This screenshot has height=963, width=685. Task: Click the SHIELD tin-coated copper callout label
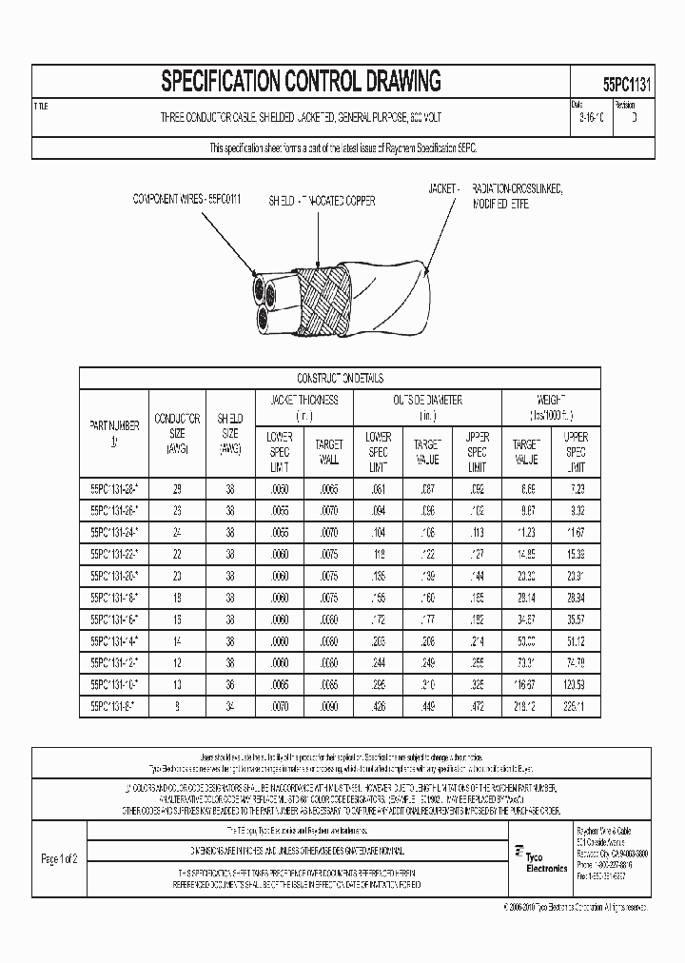tap(322, 201)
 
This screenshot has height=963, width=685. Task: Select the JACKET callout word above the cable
tap(444, 190)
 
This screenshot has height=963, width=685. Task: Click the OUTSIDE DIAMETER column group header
tap(427, 401)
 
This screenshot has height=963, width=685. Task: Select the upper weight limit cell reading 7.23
tap(576, 488)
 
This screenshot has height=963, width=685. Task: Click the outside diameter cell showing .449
tap(426, 705)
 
